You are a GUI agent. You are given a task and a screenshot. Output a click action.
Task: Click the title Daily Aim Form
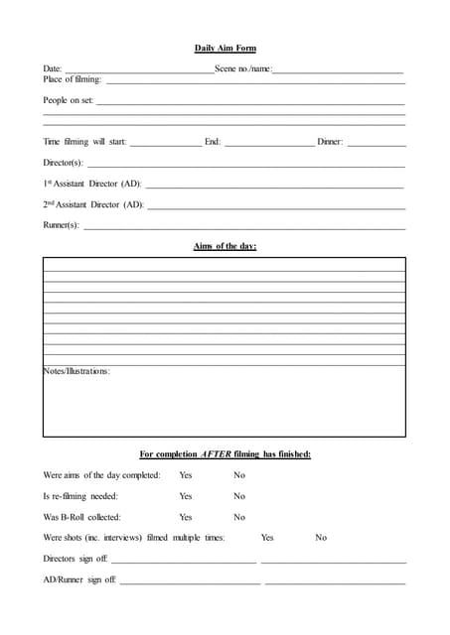tap(225, 48)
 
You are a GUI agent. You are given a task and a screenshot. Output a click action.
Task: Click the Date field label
tap(52, 69)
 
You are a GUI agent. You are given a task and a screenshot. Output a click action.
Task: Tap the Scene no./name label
tap(242, 69)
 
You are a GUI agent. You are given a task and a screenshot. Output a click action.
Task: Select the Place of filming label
tap(73, 79)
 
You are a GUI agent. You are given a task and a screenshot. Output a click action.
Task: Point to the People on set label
tap(68, 100)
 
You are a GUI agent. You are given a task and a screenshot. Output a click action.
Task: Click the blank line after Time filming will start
tap(165, 142)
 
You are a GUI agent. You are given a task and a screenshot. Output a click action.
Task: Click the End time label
tap(213, 142)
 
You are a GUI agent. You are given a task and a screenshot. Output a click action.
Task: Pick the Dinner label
tap(330, 142)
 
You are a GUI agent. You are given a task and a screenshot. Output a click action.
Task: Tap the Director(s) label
tap(63, 163)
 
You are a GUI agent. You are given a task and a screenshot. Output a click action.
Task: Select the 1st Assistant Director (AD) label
tap(92, 184)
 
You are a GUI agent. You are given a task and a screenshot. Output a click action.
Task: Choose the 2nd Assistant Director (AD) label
tap(93, 204)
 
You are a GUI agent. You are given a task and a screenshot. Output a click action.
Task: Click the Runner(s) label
tap(61, 225)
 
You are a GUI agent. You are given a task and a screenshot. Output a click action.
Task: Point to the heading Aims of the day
tap(225, 246)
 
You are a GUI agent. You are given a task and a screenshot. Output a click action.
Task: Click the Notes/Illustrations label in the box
tap(76, 371)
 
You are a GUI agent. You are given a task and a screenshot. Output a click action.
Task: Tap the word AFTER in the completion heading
tap(217, 454)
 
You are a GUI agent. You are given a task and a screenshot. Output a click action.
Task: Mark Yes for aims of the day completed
tap(186, 475)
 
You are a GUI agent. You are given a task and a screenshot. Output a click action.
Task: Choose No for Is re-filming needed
tap(239, 496)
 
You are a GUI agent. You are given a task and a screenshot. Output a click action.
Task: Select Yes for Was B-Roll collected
tap(186, 517)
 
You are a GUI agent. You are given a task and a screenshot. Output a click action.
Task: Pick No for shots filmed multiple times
tap(321, 538)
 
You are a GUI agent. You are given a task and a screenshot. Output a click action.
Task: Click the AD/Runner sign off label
tap(79, 579)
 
